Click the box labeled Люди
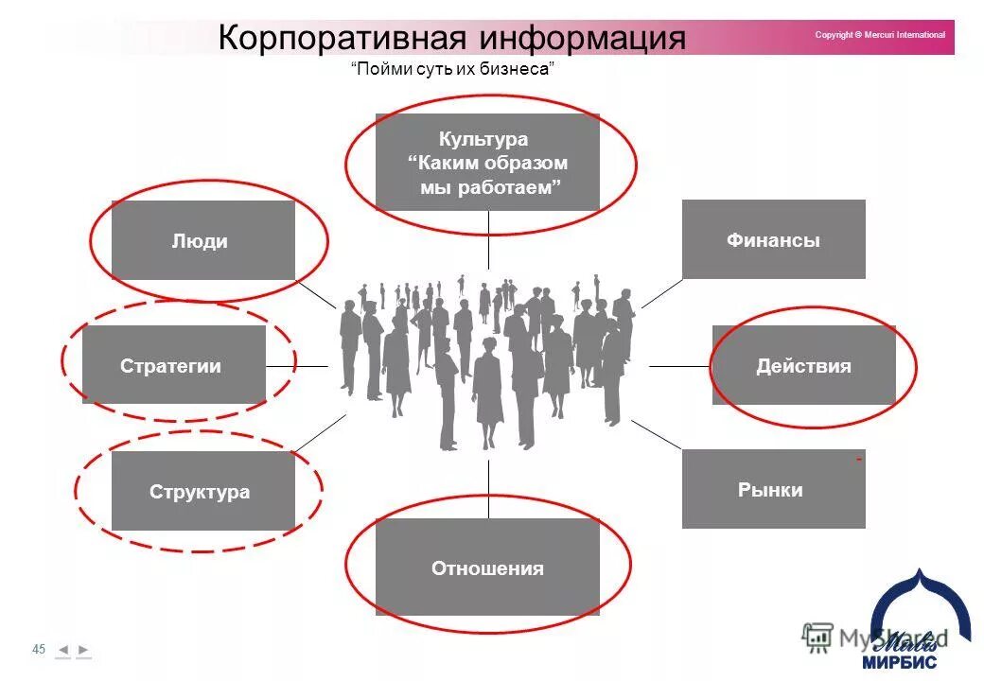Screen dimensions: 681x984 tap(202, 240)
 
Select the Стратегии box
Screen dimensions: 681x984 tap(173, 365)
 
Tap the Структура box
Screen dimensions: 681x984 tap(202, 491)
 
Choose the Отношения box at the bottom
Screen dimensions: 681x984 tap(487, 567)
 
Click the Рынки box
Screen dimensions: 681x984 tap(773, 489)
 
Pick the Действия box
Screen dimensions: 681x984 tap(803, 365)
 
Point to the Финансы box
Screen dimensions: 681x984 tap(773, 239)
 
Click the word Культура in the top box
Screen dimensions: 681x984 tap(483, 140)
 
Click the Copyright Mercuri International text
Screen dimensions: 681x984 tap(880, 35)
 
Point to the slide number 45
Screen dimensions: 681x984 tap(39, 649)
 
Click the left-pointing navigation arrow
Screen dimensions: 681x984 tap(62, 650)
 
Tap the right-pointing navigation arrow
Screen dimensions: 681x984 tap(83, 650)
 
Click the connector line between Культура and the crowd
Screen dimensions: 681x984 tap(488, 240)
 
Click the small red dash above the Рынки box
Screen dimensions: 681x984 tap(859, 459)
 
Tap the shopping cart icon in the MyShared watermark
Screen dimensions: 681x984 tap(817, 637)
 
